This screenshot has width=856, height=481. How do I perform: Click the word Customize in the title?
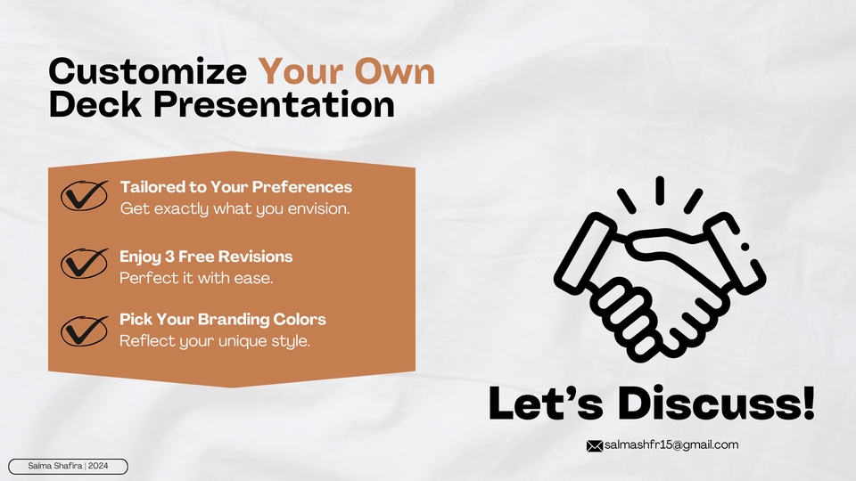click(x=147, y=71)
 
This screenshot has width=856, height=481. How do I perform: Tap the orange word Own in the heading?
click(x=395, y=71)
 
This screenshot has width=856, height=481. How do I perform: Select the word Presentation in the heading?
click(x=274, y=104)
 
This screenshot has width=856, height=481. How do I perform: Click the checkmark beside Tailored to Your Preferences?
click(x=84, y=195)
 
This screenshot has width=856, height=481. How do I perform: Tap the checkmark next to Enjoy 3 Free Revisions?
click(x=84, y=264)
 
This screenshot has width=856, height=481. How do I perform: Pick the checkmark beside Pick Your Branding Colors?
click(x=84, y=331)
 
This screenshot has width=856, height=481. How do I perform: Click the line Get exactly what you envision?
click(x=235, y=208)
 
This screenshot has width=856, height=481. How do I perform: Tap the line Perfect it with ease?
click(x=196, y=278)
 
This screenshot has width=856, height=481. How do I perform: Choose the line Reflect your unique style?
click(x=215, y=341)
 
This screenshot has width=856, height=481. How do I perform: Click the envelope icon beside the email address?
click(x=595, y=446)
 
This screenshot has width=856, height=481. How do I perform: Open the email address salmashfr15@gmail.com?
click(x=671, y=445)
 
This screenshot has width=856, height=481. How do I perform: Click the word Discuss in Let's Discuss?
click(x=709, y=404)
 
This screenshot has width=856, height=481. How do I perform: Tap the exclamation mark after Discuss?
click(x=809, y=404)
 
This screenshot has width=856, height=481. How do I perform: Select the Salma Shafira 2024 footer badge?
click(x=69, y=466)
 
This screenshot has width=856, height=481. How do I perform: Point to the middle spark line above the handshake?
click(x=660, y=191)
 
